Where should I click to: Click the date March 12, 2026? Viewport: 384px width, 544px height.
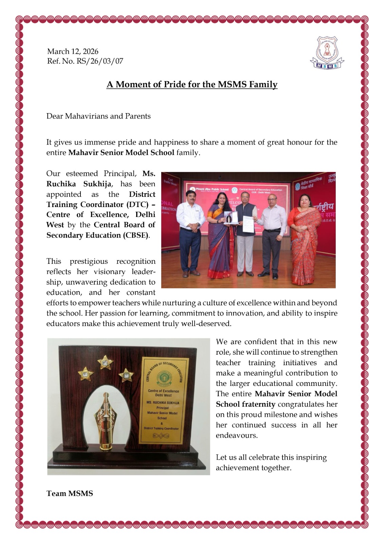tap(73, 52)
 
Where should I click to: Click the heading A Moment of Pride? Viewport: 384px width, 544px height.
tap(192, 84)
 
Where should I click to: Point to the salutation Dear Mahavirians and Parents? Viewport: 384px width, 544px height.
tap(98, 116)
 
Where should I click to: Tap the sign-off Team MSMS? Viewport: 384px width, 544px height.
tap(70, 493)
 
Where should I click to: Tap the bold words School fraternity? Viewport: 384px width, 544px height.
tap(245, 404)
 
